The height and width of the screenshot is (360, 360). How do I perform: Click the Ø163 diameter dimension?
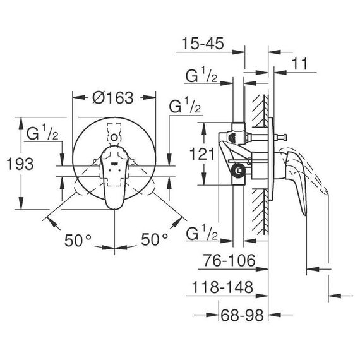click(112, 98)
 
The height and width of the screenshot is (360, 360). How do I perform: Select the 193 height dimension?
click(20, 164)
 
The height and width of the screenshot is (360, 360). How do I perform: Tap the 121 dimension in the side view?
click(202, 154)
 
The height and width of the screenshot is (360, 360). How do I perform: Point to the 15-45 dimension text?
click(203, 43)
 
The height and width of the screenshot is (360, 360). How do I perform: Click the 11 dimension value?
click(299, 64)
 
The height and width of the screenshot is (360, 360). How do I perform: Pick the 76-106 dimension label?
click(229, 260)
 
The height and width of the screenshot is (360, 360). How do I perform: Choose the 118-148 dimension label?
click(222, 287)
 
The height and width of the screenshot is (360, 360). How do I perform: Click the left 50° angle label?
click(78, 240)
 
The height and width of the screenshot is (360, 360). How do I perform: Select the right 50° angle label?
click(154, 239)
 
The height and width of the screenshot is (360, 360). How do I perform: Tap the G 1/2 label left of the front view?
click(42, 134)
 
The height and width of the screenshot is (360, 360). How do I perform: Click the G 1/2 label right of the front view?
click(185, 106)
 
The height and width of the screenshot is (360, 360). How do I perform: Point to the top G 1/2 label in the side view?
click(201, 75)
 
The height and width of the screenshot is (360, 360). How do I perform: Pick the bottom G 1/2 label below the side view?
click(202, 232)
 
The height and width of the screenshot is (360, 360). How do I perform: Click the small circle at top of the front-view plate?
click(114, 138)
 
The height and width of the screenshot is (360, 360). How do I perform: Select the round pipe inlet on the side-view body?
click(239, 171)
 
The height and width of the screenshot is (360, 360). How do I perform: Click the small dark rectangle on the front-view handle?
click(114, 164)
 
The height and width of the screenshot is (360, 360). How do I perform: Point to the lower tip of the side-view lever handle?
click(305, 215)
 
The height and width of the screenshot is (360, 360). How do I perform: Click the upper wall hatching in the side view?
click(260, 111)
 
